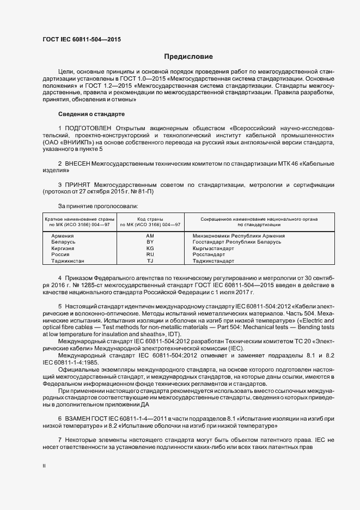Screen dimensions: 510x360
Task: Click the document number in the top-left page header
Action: point(81,40)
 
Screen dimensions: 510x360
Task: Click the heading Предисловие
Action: point(188,57)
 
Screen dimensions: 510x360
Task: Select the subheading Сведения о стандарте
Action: point(91,114)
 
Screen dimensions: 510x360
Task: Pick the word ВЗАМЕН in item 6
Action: point(80,417)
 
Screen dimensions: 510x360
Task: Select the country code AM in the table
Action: point(150,235)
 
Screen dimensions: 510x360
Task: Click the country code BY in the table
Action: point(150,241)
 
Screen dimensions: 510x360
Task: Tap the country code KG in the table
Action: point(150,248)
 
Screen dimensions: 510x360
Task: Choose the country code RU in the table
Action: point(150,254)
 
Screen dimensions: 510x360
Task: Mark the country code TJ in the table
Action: point(150,261)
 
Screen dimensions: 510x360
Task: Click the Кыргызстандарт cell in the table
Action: point(213,248)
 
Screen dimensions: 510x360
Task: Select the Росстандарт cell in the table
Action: point(209,254)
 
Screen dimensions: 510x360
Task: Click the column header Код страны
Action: point(150,218)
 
